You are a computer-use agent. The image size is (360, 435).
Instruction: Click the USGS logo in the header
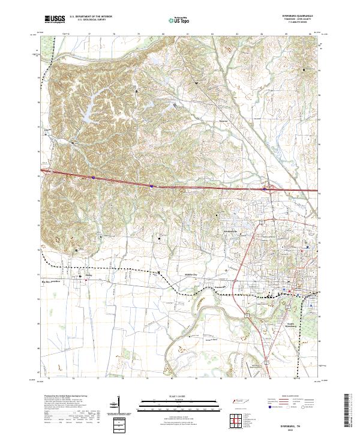coord(54,19)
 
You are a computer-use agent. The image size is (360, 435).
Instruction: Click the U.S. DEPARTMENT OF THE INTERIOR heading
coord(91,17)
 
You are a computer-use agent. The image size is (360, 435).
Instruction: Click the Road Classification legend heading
coord(290,397)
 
